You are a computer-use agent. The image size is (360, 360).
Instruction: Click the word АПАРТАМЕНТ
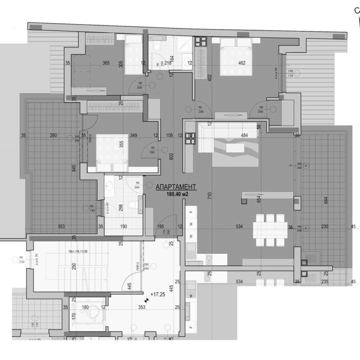point(176,187)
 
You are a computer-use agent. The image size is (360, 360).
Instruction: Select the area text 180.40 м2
point(178,194)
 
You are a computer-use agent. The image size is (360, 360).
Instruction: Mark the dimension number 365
point(106,63)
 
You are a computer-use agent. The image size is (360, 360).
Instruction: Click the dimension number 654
point(259,199)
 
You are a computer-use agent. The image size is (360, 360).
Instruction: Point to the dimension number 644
point(326,200)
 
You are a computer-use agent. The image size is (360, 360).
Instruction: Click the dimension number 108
point(169,136)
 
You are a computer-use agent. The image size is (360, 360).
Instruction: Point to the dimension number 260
point(54,135)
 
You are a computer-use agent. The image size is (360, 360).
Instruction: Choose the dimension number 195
point(161,226)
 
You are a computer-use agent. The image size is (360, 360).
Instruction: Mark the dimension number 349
point(133,135)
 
